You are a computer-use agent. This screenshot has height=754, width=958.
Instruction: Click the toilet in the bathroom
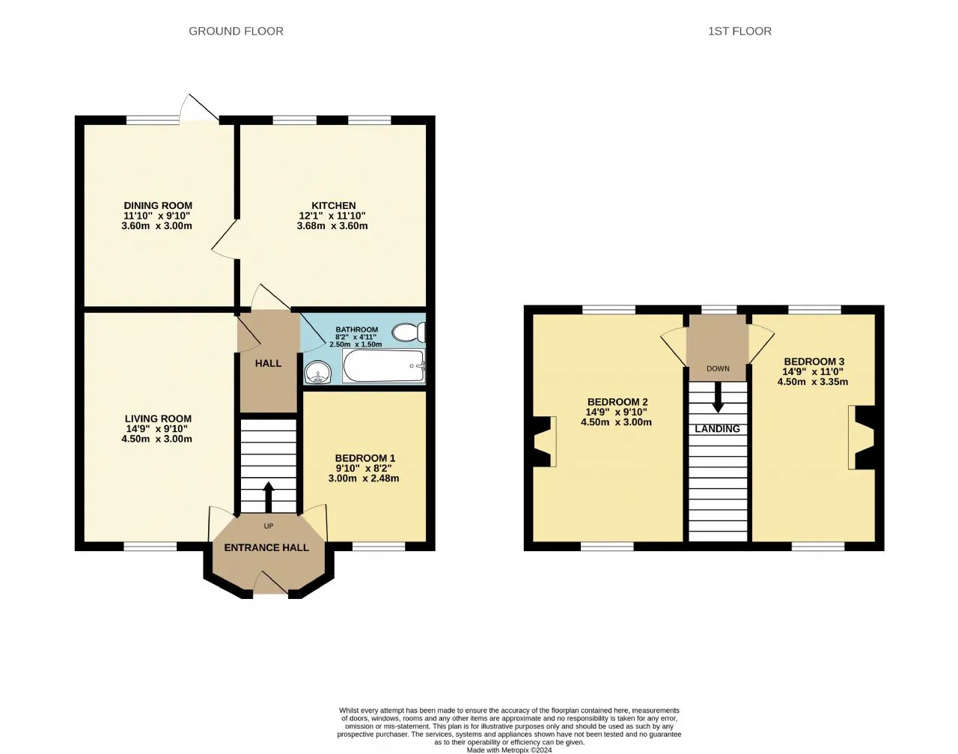point(409,332)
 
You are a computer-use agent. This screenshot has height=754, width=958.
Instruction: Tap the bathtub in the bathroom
point(384,365)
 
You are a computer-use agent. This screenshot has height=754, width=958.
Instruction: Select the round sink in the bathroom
point(317,371)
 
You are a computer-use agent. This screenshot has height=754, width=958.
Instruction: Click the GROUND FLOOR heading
point(236,31)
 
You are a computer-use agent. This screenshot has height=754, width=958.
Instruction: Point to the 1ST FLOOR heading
point(740,31)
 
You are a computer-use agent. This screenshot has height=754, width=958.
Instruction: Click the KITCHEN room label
point(334,206)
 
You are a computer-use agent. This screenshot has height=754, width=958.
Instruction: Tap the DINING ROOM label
point(158,206)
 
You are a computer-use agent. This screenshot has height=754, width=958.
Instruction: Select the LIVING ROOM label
point(158,419)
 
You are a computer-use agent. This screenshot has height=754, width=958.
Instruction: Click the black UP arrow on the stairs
point(269,497)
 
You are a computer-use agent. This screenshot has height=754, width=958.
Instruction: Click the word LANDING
point(717,429)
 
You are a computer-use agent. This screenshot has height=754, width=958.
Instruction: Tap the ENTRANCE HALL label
point(266,548)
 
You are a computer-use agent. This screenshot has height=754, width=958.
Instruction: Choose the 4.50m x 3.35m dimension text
point(813,382)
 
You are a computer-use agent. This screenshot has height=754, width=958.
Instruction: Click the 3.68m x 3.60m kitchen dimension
point(332,226)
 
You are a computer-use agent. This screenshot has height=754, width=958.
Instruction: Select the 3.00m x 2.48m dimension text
point(364,478)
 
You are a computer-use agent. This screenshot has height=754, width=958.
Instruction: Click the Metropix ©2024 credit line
point(509,750)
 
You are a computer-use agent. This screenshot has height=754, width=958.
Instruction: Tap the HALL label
point(269,363)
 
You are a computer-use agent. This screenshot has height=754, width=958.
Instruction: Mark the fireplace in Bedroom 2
point(545,441)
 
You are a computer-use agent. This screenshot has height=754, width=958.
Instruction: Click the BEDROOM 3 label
point(814,362)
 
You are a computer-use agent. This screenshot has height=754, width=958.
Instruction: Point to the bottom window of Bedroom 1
point(379,547)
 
